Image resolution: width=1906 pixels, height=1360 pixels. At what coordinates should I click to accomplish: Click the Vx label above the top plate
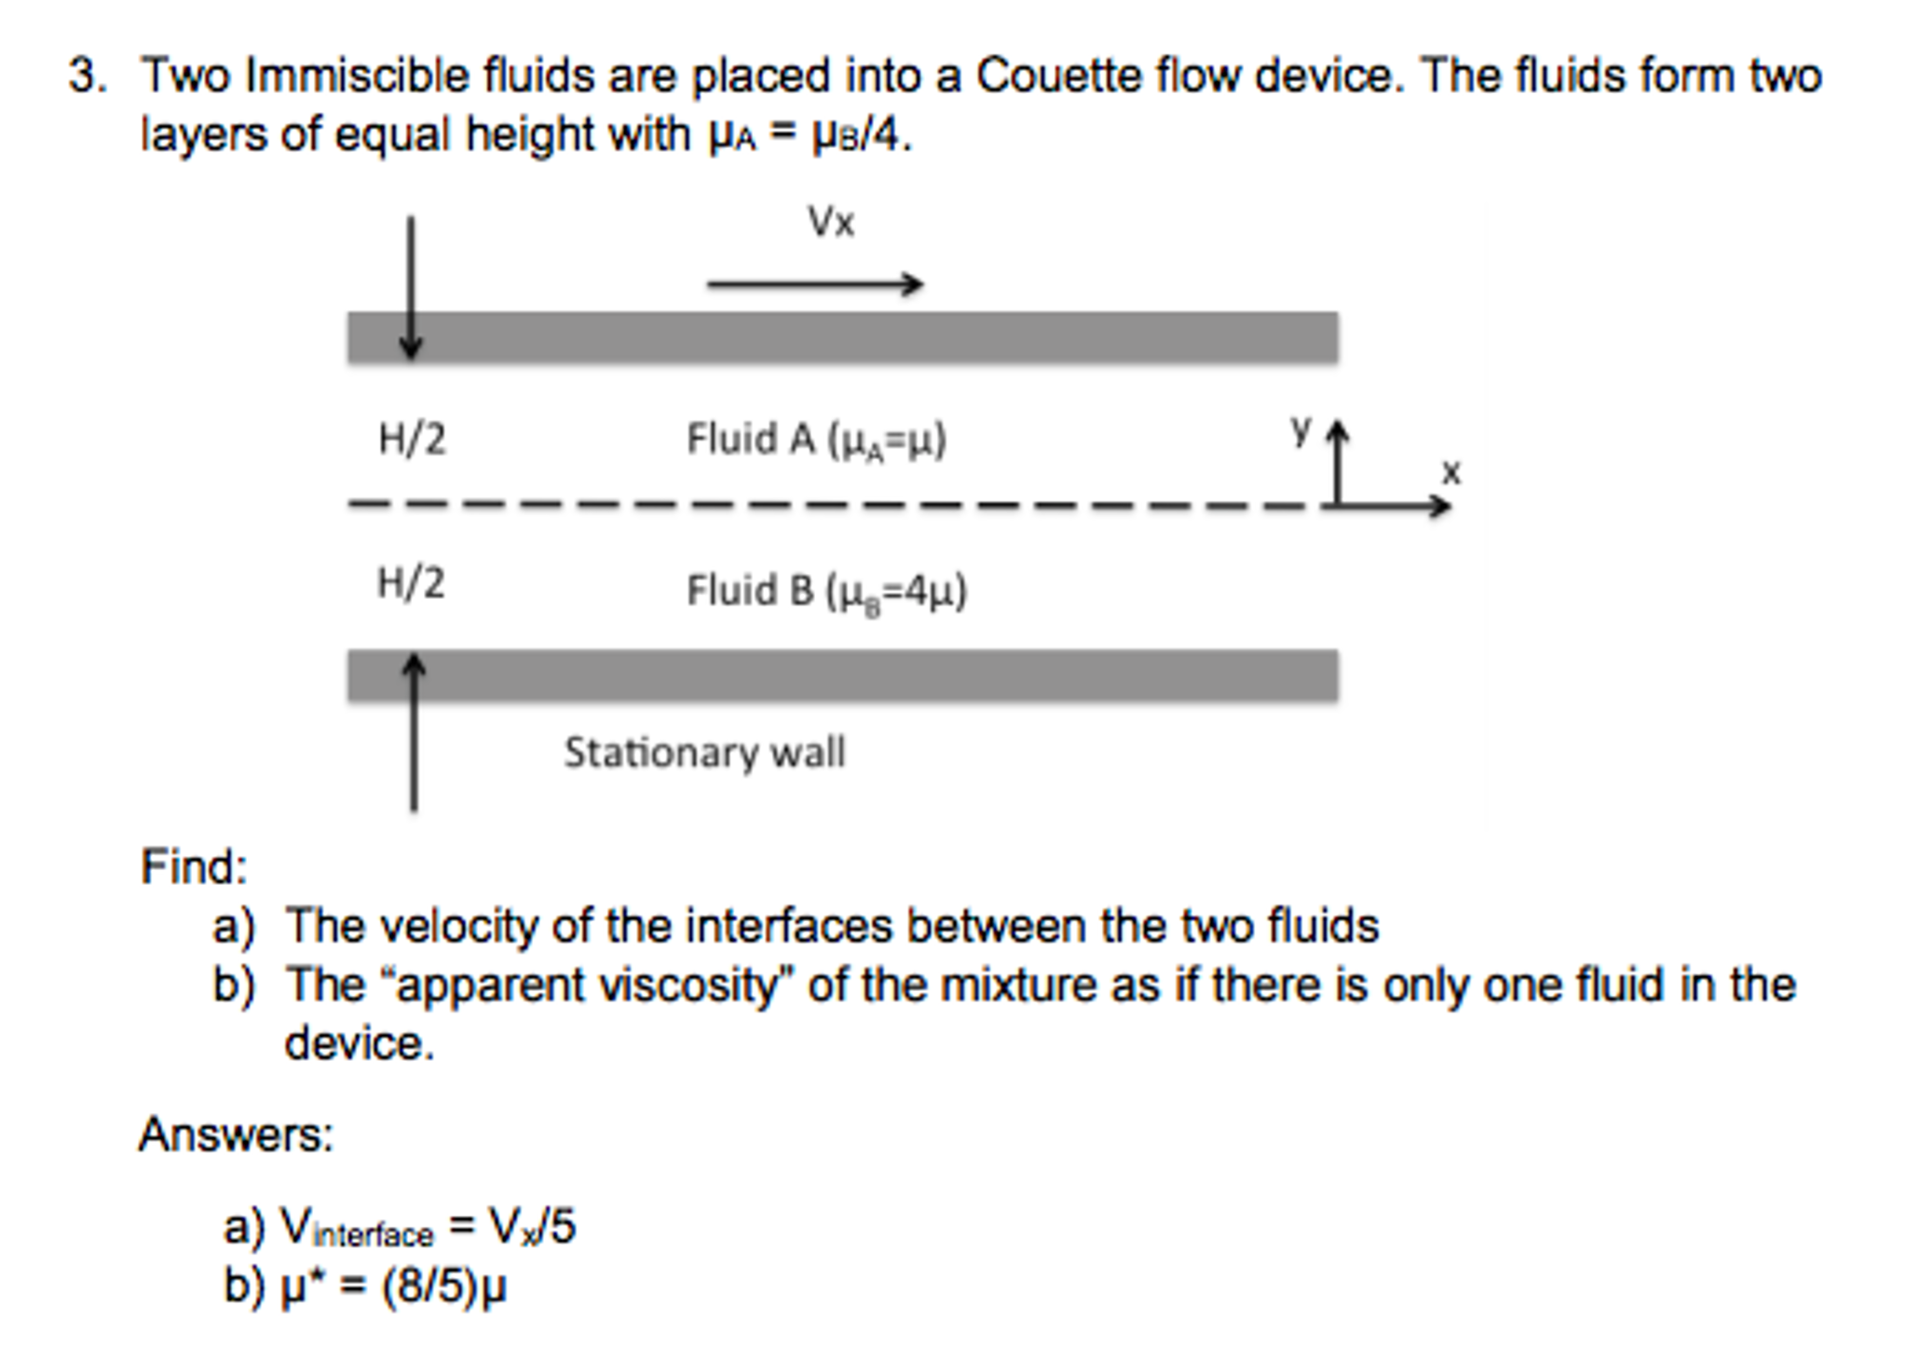(x=830, y=223)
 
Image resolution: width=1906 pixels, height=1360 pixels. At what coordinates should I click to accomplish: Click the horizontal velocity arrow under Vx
(x=814, y=283)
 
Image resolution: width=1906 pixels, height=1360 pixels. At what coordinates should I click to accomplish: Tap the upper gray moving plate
(x=842, y=337)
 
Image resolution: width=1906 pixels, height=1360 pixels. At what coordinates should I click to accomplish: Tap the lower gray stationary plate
(x=842, y=675)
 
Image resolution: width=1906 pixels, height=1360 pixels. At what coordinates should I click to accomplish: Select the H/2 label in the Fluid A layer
(x=412, y=439)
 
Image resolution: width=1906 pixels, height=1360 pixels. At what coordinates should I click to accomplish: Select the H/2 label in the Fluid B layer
(x=411, y=584)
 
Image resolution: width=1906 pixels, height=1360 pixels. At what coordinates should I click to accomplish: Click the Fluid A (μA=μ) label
(x=816, y=440)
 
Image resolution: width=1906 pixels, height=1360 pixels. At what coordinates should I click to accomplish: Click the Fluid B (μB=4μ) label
(x=826, y=592)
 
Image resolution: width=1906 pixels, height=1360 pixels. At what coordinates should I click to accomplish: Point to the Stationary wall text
(x=704, y=753)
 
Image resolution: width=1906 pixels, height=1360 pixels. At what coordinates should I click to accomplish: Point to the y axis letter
(x=1300, y=429)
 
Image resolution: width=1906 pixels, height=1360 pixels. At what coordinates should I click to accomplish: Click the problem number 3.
(x=86, y=75)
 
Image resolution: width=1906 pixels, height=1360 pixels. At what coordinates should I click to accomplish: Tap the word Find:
(x=194, y=866)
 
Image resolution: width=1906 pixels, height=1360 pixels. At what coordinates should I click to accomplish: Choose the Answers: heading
(x=236, y=1135)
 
